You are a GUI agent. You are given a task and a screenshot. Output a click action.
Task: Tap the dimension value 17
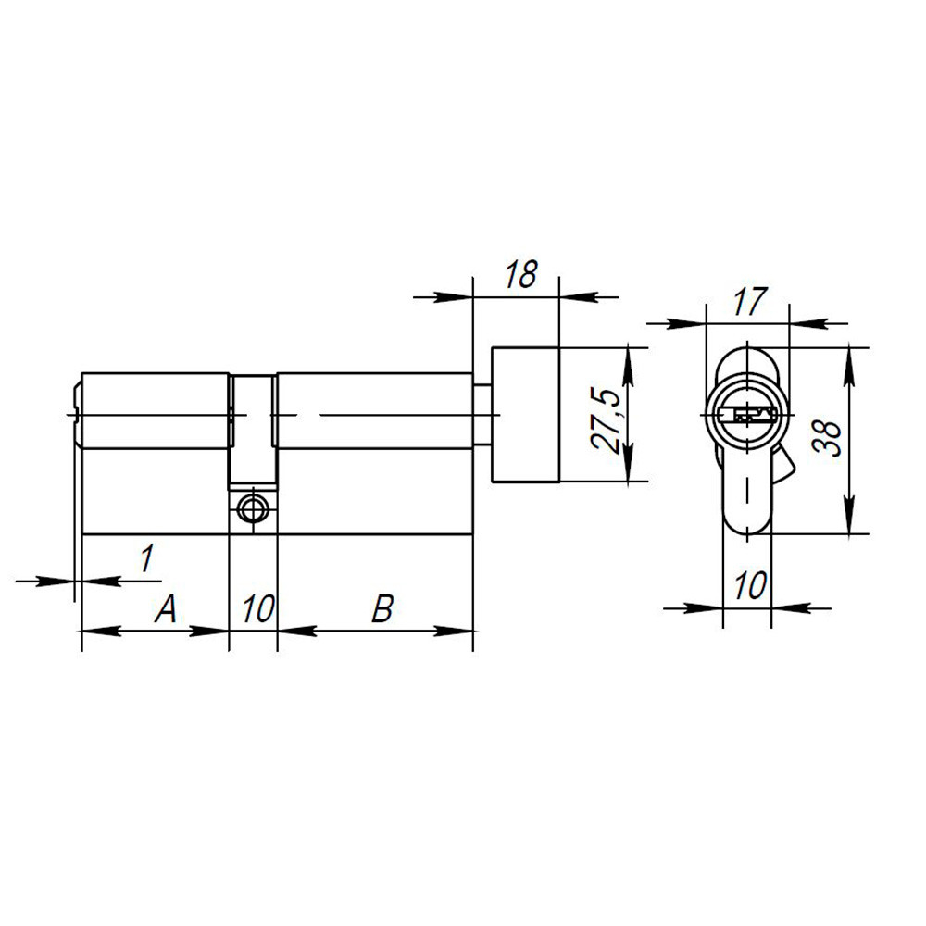tap(749, 300)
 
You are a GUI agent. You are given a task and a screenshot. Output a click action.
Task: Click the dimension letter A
tap(165, 608)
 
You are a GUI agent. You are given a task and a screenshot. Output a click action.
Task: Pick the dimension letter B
tap(382, 608)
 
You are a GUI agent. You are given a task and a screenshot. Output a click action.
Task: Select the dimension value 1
tap(145, 558)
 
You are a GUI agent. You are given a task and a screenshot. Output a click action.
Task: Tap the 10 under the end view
tap(748, 585)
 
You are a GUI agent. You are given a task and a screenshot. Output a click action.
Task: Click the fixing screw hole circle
tap(252, 507)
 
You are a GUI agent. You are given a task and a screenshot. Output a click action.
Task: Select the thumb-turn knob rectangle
tap(525, 414)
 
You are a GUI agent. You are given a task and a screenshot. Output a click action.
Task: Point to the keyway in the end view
tap(747, 413)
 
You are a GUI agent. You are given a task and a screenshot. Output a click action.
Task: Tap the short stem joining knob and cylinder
tap(482, 414)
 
